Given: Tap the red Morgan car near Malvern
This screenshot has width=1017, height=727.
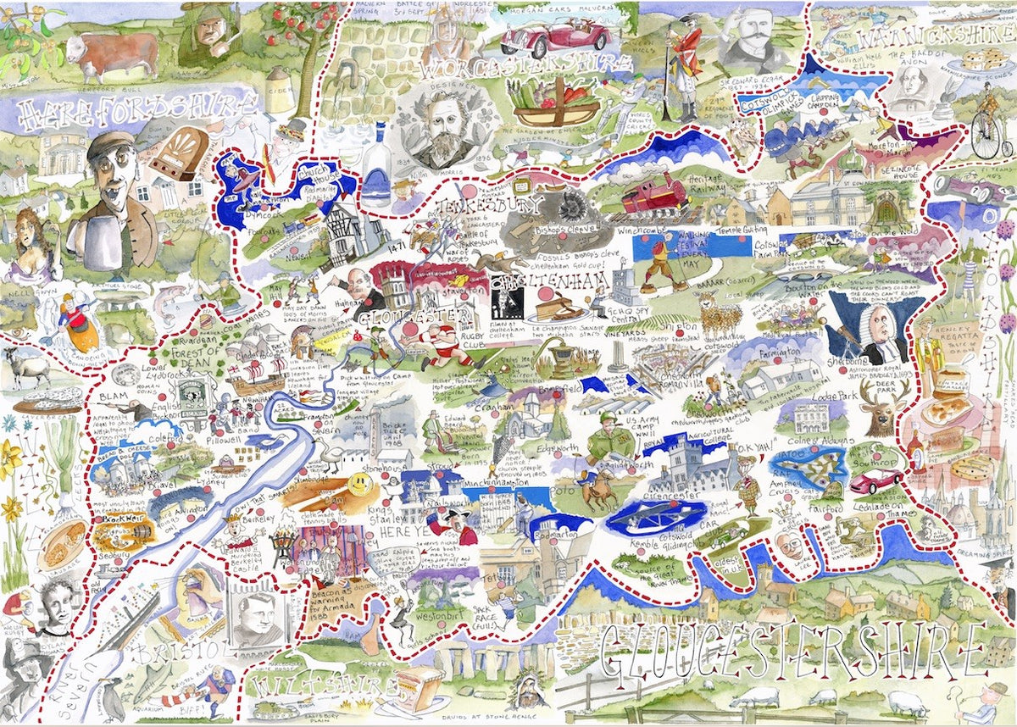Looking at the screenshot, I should [x=555, y=36].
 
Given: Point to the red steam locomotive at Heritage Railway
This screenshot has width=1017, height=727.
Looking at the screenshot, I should [x=655, y=193].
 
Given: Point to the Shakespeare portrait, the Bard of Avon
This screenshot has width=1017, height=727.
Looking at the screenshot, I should [x=920, y=86].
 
